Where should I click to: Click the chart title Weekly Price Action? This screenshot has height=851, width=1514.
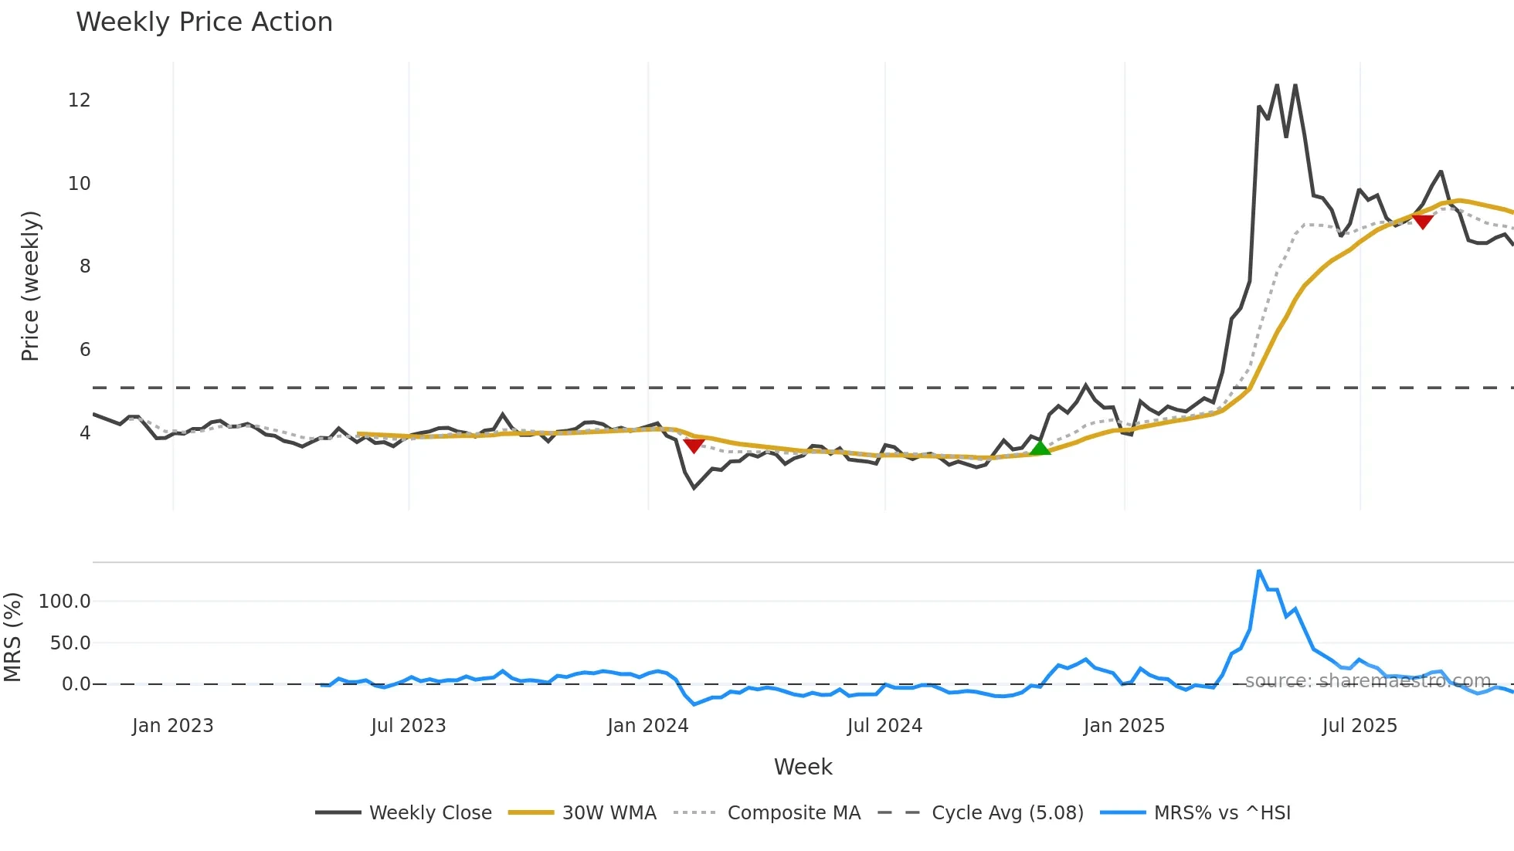point(204,22)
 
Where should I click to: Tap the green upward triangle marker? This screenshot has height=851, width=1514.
point(1040,447)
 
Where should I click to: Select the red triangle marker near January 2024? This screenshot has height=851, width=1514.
point(694,446)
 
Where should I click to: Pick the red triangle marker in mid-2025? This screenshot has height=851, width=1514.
point(1422,222)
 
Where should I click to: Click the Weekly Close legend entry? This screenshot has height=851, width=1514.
point(429,813)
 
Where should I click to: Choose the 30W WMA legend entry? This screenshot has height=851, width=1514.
point(609,813)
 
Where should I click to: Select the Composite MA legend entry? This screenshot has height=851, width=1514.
point(793,813)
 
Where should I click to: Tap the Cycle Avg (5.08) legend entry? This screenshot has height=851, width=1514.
point(1007,813)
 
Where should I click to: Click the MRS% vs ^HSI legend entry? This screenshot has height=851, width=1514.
point(1222,813)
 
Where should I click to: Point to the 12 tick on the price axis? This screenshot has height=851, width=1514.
point(79,100)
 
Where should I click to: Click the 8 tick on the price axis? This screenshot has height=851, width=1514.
point(84,266)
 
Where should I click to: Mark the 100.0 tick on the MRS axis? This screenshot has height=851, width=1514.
point(65,602)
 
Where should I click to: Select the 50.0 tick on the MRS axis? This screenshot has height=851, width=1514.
point(70,643)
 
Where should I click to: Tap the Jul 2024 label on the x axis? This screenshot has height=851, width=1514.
point(884,726)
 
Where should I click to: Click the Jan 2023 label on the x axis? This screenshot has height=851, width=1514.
point(172,726)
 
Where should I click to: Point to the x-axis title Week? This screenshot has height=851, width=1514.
point(803,767)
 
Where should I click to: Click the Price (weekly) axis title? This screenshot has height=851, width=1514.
point(30,286)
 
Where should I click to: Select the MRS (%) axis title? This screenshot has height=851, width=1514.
point(12,637)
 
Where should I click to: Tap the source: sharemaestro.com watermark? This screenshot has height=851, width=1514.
point(1367,681)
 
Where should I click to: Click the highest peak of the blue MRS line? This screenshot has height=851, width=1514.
point(1259,571)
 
